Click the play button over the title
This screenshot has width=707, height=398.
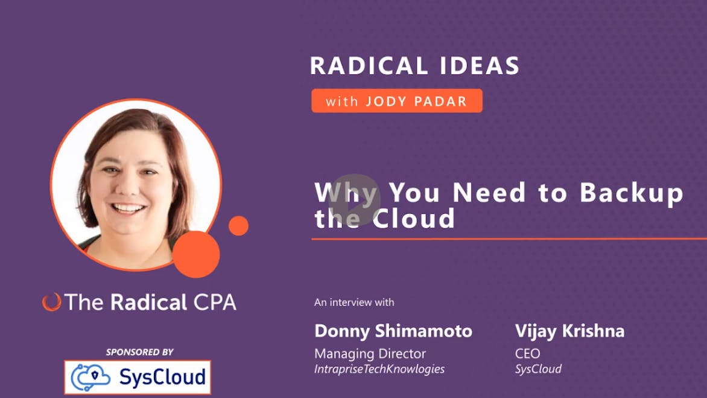(354, 200)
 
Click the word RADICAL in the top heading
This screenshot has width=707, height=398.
(369, 66)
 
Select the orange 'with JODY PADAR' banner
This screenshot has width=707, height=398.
(397, 101)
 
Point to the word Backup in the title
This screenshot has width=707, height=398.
(631, 193)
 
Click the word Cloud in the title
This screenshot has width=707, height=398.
(413, 219)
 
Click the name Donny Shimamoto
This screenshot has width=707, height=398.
(393, 331)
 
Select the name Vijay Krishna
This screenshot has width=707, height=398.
(570, 331)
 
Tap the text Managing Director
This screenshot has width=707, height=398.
(370, 354)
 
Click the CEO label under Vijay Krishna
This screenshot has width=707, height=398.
(528, 354)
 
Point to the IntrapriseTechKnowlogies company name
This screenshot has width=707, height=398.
(379, 369)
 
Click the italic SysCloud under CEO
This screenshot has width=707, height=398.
(538, 369)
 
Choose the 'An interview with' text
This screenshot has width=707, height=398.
(354, 303)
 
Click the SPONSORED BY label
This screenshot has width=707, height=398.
(140, 352)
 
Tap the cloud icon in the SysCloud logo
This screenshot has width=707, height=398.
(90, 377)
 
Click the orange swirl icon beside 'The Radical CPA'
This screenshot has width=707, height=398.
(51, 303)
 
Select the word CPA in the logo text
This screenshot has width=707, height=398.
(215, 303)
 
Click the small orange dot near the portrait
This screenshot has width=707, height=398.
(238, 226)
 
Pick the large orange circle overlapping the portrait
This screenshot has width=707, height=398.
(196, 254)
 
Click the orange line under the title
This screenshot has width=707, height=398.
(509, 239)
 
